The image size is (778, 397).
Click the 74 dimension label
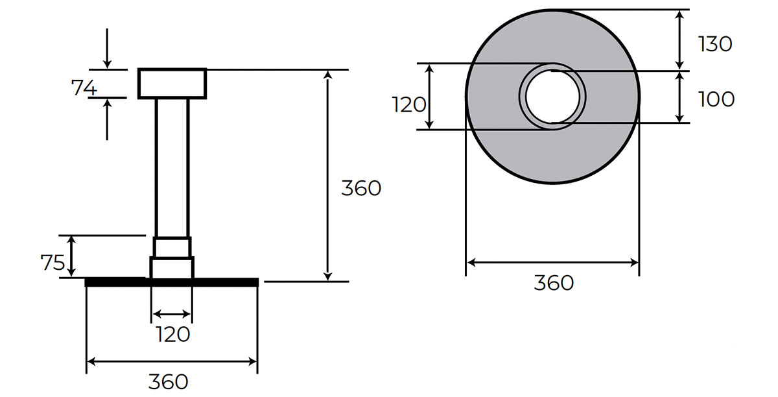pyautogui.click(x=84, y=87)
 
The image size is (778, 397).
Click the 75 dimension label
pyautogui.click(x=53, y=263)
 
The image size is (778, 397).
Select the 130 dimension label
pyautogui.click(x=715, y=43)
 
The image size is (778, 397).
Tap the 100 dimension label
pyautogui.click(x=716, y=99)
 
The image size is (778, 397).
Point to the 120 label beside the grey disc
pyautogui.click(x=409, y=104)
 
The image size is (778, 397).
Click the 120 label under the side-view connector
pyautogui.click(x=173, y=334)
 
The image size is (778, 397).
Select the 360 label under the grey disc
pyautogui.click(x=554, y=283)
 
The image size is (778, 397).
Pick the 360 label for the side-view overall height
pyautogui.click(x=361, y=188)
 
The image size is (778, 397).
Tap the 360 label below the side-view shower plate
pyautogui.click(x=169, y=381)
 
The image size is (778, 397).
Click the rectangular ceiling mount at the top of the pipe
pyautogui.click(x=172, y=83)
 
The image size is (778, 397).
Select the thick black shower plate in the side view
pyautogui.click(x=172, y=282)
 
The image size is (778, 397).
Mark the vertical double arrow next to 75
pyautogui.click(x=73, y=256)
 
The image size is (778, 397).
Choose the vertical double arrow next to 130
pyautogui.click(x=679, y=39)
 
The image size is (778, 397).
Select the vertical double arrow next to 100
pyautogui.click(x=679, y=97)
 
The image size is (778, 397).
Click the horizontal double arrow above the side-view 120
pyautogui.click(x=172, y=315)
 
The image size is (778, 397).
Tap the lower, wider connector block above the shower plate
pyautogui.click(x=172, y=267)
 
